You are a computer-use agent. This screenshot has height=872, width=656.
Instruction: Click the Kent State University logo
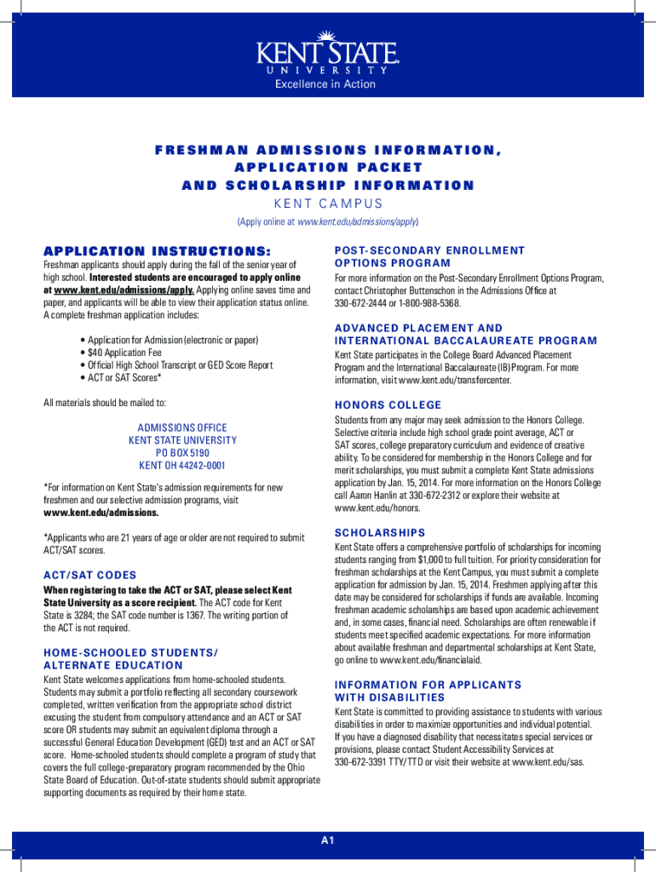coord(327,53)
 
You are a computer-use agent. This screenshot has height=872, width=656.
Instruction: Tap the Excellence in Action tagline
coord(325,84)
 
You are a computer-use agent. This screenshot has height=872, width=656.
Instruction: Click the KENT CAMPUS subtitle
coord(327,204)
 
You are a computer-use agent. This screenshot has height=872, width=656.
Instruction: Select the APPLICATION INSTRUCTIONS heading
coord(157,251)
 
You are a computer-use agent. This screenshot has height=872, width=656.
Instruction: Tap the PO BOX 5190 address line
coord(182,453)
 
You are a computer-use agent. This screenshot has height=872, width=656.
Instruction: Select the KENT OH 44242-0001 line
coord(182,466)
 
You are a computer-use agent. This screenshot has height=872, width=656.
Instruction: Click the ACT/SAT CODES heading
coord(89,575)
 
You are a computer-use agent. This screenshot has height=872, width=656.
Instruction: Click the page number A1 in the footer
coord(328,841)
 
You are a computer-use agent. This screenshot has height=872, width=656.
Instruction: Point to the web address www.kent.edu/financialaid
coord(421,659)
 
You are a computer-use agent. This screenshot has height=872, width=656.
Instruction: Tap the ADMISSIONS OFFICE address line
coord(182,427)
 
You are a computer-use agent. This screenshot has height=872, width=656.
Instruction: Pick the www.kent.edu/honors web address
coord(377,508)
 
